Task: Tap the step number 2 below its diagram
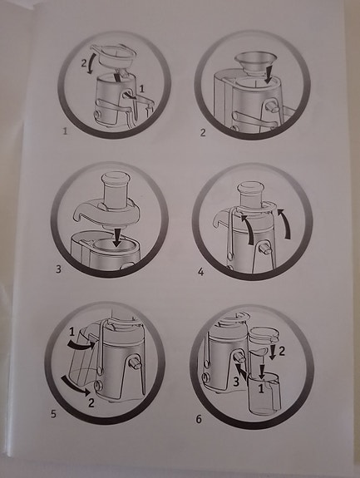point(203,132)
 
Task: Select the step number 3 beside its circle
point(59,269)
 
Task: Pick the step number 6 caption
point(198,417)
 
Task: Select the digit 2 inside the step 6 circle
point(281,352)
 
